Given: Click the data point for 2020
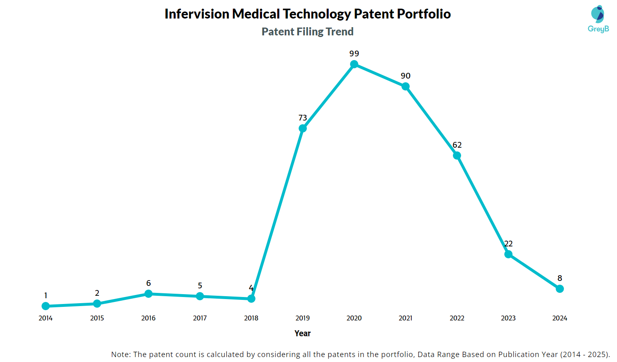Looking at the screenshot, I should point(354,64).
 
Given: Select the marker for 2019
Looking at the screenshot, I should point(303,128).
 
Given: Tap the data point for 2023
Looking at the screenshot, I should point(508,254).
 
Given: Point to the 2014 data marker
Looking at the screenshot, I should point(46,306).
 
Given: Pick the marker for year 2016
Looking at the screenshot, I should point(148,294).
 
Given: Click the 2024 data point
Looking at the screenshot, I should point(560,289).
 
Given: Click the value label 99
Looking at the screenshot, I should point(354,53).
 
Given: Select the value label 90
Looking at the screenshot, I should point(406,76).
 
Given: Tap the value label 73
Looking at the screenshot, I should point(303,118).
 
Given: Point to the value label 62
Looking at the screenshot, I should point(457,145).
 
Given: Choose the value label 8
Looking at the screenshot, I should point(560,278).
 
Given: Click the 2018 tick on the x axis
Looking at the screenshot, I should point(251,318).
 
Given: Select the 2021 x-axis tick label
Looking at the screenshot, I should point(406,318).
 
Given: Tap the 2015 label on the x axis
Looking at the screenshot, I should point(97,318).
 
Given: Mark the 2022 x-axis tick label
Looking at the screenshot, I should point(457,318).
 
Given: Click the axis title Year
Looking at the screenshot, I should point(303,333).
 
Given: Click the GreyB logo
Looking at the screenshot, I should point(598,19).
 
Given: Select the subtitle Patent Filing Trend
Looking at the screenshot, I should point(308,32).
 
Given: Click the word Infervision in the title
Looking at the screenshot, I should point(197,14).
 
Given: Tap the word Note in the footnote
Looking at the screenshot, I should point(120,354).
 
